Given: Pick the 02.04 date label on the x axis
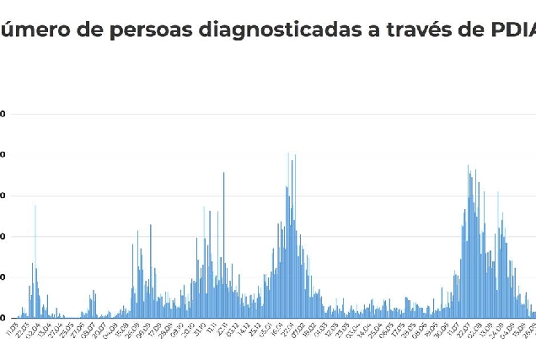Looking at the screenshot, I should pyautogui.click(x=33, y=327).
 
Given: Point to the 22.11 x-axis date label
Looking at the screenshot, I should pyautogui.click(x=222, y=327).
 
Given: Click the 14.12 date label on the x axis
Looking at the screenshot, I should pyautogui.click(x=244, y=327).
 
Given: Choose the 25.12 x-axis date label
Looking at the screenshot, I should pyautogui.click(x=255, y=327).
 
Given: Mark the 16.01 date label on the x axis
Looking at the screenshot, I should pyautogui.click(x=275, y=327).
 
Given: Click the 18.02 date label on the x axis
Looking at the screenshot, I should pyautogui.click(x=308, y=327).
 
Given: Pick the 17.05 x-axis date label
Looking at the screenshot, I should pyautogui.click(x=399, y=327).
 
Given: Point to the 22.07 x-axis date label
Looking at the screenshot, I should pyautogui.click(x=463, y=327).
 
